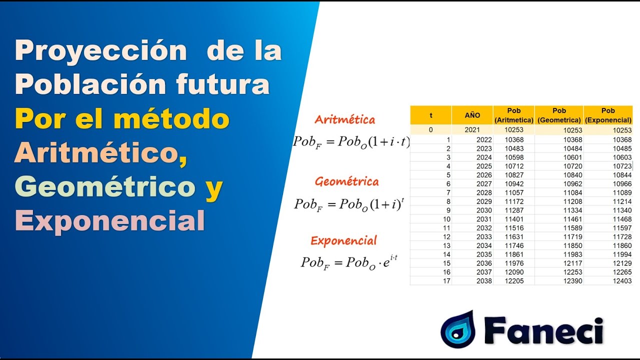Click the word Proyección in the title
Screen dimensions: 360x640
point(100,52)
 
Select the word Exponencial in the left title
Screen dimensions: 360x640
point(110,220)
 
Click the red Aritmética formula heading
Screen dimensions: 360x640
point(344,119)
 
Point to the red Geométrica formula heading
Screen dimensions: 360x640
point(346,181)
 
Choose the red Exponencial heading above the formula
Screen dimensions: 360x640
point(343,240)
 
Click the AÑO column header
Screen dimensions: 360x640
point(472,115)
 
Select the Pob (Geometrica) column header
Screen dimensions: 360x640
point(559,115)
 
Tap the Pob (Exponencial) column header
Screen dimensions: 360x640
point(608,115)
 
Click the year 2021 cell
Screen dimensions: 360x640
point(472,130)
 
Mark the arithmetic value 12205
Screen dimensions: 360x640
point(514,281)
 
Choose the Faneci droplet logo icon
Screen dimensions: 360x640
point(457,329)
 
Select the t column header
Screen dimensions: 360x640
point(431,115)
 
